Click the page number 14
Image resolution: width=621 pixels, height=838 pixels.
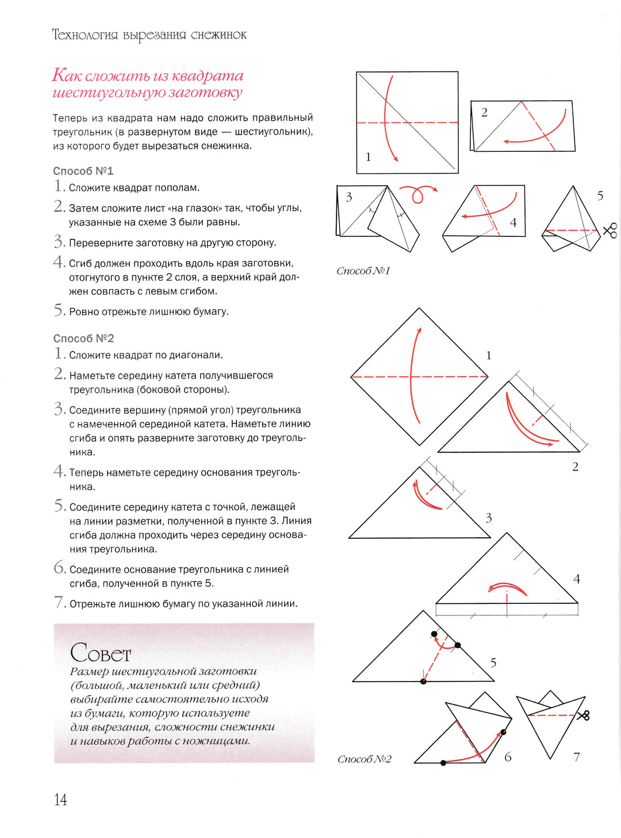(60, 799)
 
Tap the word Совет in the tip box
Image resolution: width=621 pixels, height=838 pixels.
(101, 653)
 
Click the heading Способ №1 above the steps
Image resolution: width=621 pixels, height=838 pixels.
(83, 171)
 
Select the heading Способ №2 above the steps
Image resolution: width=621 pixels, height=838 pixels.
(83, 338)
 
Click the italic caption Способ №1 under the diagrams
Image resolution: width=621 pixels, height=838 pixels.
(363, 271)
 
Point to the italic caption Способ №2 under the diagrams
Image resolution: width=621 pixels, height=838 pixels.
(365, 759)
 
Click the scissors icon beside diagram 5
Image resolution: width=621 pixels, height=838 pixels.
(610, 230)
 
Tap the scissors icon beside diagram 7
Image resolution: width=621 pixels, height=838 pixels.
(583, 715)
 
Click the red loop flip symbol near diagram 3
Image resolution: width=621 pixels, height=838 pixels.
(418, 194)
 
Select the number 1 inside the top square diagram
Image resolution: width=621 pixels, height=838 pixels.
(368, 156)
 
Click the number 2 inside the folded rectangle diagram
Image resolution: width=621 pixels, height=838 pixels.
(484, 112)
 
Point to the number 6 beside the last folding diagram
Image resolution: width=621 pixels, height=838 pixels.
(508, 757)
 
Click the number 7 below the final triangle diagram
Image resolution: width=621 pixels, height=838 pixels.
(577, 757)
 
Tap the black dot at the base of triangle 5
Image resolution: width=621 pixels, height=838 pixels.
(423, 682)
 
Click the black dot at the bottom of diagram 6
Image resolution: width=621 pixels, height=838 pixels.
(443, 763)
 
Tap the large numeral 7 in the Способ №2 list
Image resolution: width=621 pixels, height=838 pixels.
(59, 602)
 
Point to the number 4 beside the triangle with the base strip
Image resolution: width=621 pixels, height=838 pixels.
(577, 579)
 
